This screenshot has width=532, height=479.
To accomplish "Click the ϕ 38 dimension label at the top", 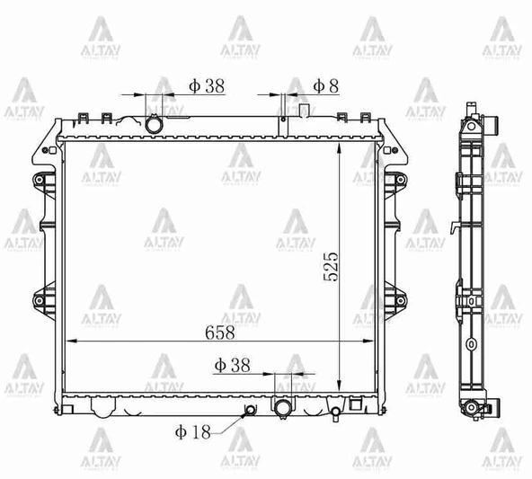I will pyautogui.click(x=206, y=85).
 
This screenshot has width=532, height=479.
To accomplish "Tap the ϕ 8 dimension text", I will pyautogui.click(x=325, y=85).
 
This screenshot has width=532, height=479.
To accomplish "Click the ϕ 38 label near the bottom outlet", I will pyautogui.click(x=232, y=365).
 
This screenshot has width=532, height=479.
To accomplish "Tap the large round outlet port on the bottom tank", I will pyautogui.click(x=284, y=409).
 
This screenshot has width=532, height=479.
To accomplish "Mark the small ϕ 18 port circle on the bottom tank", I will pyautogui.click(x=249, y=412).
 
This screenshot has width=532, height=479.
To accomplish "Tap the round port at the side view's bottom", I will pyautogui.click(x=470, y=410).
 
